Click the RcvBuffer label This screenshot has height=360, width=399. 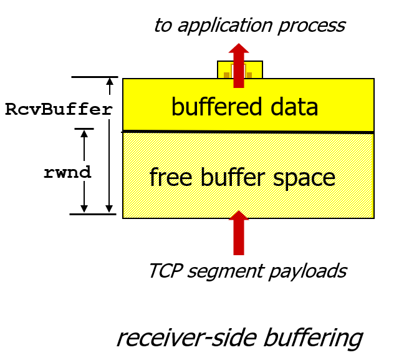click(x=59, y=109)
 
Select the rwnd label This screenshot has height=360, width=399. click(x=67, y=173)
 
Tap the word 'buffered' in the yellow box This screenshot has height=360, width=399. click(x=211, y=107)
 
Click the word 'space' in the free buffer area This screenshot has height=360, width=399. click(x=307, y=178)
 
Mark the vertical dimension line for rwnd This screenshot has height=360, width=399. click(x=84, y=170)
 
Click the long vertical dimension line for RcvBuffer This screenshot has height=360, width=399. click(x=110, y=145)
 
